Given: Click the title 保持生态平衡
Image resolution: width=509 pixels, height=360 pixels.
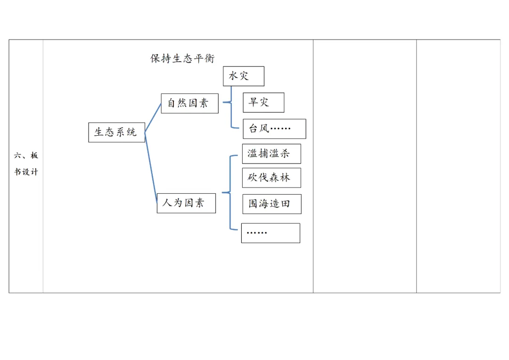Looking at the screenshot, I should coord(182,58).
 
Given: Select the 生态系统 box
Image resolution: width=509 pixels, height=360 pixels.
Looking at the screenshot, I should coord(116,132).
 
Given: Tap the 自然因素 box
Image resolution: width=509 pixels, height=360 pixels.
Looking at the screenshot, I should coord(189,103).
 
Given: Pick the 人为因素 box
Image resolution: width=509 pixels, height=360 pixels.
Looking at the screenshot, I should coord(186,203).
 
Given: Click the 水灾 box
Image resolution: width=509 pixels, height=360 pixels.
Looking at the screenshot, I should coord(243,76).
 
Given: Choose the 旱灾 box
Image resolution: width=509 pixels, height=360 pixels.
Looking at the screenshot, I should coord(263,102).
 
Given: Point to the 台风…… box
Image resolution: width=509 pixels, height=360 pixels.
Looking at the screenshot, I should coord(274,129).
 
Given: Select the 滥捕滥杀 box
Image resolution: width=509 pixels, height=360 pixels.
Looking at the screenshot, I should coord(271,154).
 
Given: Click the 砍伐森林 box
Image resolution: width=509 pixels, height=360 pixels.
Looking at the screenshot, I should coord(271,178).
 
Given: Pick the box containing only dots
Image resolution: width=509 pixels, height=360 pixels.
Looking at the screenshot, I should coord(271,233).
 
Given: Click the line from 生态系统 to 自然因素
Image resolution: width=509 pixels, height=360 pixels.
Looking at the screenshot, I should coord(153,118).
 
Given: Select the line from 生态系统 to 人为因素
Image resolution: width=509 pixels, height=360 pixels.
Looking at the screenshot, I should coord(151,167).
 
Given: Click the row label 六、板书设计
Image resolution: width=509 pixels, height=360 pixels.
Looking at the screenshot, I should coord(26,164).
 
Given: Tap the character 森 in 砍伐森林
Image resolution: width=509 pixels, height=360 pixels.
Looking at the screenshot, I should coord(274,178).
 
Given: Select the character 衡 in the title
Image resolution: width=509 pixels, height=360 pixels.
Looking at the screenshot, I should coord(209,58).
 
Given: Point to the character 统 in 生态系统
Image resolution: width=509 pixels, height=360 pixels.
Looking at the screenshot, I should coord(132,132).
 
